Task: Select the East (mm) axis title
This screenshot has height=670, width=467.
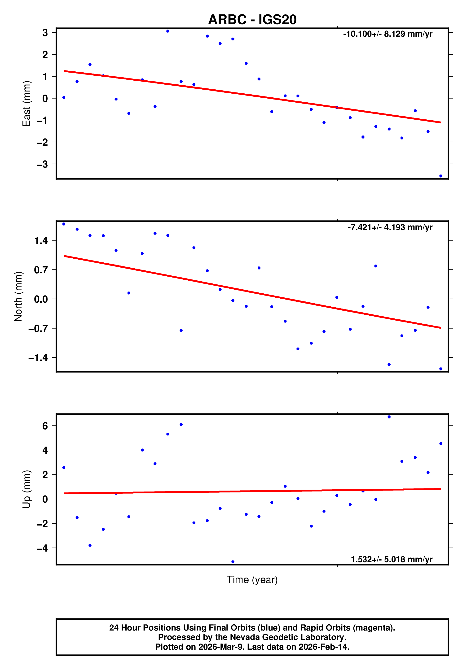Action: (x=26, y=104)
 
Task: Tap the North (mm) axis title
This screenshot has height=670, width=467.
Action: (x=18, y=296)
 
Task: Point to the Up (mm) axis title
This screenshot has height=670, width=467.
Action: (x=26, y=489)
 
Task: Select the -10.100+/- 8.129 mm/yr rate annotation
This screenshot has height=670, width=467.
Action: (x=388, y=34)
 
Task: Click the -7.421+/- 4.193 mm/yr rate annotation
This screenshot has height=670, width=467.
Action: (x=390, y=227)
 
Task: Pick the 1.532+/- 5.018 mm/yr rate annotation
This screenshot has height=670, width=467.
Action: (x=391, y=559)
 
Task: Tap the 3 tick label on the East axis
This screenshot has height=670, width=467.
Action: (x=45, y=33)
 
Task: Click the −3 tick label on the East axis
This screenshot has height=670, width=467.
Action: (x=42, y=164)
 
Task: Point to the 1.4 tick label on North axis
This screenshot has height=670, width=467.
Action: (x=41, y=241)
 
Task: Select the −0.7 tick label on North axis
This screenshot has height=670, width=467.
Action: (x=38, y=329)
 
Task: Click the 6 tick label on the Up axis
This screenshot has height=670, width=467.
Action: (x=45, y=426)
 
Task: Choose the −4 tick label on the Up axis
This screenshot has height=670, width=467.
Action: (x=42, y=548)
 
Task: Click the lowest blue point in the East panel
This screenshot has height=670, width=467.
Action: (x=441, y=176)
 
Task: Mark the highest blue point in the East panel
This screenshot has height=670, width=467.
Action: (x=168, y=31)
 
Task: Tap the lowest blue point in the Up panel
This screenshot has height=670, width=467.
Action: (x=233, y=562)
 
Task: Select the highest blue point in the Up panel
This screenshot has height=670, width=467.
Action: (x=389, y=417)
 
